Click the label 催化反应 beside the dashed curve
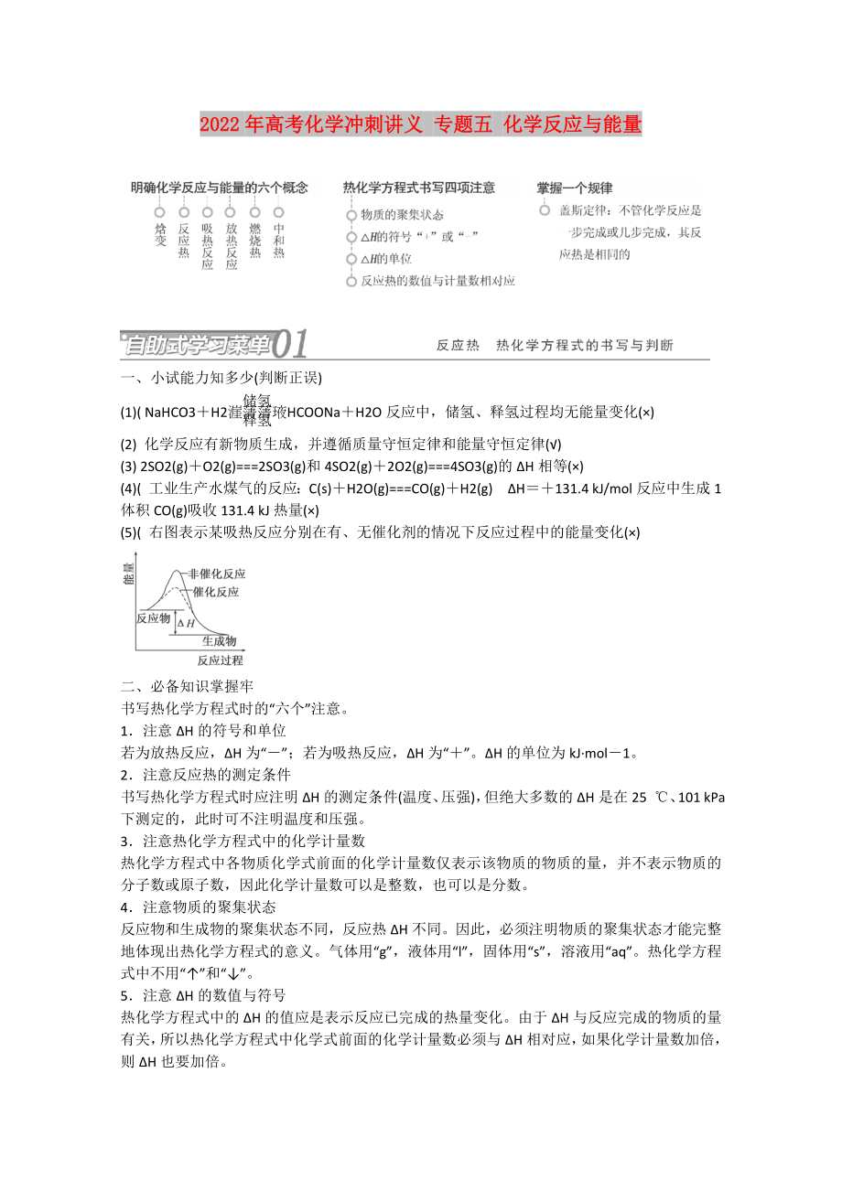pyautogui.click(x=216, y=592)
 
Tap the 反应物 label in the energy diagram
pyautogui.click(x=154, y=618)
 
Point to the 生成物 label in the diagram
pyautogui.click(x=219, y=640)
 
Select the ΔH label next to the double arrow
pyautogui.click(x=186, y=623)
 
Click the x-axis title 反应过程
pyautogui.click(x=220, y=660)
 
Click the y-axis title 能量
pyautogui.click(x=127, y=574)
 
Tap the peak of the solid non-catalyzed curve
pyautogui.click(x=171, y=572)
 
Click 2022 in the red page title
pyautogui.click(x=220, y=123)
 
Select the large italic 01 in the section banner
pyautogui.click(x=291, y=345)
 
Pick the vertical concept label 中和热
pyautogui.click(x=278, y=240)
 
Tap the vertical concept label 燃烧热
pyautogui.click(x=255, y=240)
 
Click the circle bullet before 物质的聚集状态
pyautogui.click(x=351, y=216)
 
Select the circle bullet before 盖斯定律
pyautogui.click(x=545, y=210)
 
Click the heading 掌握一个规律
pyautogui.click(x=574, y=188)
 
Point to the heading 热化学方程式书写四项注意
pyautogui.click(x=418, y=188)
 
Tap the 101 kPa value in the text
pyautogui.click(x=702, y=797)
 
